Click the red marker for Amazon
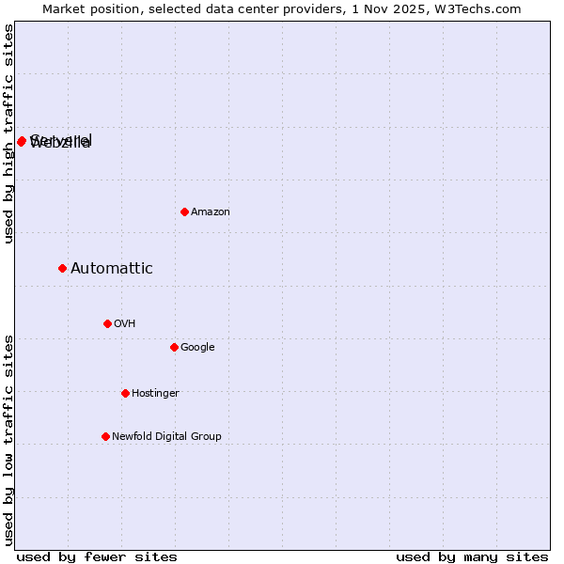pos(184,211)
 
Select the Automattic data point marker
pos(62,268)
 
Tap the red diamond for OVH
pos(107,323)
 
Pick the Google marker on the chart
pos(174,347)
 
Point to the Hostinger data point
pos(125,393)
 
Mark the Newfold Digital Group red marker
pos(105,436)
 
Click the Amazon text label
pos(211,212)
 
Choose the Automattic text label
pos(112,269)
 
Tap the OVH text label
pos(125,324)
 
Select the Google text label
pos(197,348)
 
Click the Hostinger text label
pos(155,394)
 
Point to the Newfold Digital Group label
pos(166,437)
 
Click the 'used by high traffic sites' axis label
pos(8,133)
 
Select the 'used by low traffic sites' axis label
pos(8,440)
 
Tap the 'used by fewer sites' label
pos(97,557)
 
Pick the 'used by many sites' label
pos(472,557)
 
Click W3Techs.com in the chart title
pos(481,8)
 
